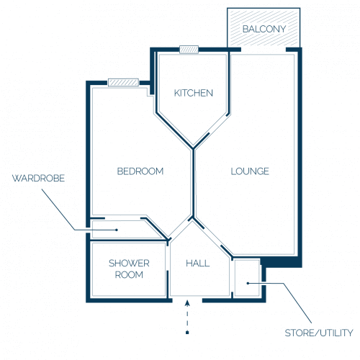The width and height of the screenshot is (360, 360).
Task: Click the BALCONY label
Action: click(264, 29)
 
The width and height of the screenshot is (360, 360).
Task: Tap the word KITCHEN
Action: click(194, 93)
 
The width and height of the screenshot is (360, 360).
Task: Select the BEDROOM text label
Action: click(140, 171)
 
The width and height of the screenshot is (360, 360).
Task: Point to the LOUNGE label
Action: click(250, 171)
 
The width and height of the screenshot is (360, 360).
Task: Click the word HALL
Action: click(198, 264)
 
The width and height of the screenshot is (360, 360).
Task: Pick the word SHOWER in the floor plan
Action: click(129, 264)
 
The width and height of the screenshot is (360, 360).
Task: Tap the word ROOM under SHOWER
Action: click(129, 274)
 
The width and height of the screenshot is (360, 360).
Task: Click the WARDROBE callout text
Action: click(38, 179)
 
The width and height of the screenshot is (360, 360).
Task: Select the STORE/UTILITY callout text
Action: click(319, 333)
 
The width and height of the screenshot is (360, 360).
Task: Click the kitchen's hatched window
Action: click(189, 50)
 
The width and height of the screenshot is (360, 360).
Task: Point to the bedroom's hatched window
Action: click(123, 83)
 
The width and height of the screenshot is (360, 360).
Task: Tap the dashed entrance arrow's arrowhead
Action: click(187, 303)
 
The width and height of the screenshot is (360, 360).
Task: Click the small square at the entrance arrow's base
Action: click(187, 333)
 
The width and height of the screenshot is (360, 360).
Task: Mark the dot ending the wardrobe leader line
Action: click(117, 230)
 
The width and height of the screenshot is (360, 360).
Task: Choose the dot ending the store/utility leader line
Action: click(248, 284)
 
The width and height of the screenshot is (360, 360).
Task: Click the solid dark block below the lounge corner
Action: click(281, 262)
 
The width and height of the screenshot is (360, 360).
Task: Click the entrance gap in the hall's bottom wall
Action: click(187, 300)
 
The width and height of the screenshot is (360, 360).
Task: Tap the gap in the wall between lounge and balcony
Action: click(264, 50)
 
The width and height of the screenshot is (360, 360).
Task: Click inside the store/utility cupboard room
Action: click(247, 278)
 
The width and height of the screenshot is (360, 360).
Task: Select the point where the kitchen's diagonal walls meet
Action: click(193, 148)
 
